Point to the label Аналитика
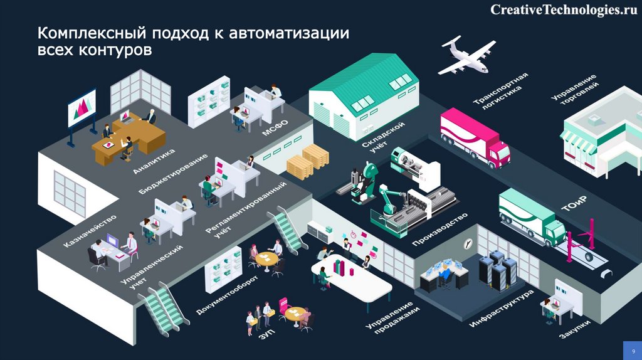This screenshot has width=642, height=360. (x=154, y=161)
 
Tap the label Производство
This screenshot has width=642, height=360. (x=440, y=228)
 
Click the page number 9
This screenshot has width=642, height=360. (x=632, y=350)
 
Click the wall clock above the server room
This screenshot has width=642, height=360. (x=468, y=243)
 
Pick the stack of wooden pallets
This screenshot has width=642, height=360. (x=308, y=161)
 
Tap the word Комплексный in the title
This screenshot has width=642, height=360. (x=90, y=33)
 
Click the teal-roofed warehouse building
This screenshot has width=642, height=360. (x=364, y=94)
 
